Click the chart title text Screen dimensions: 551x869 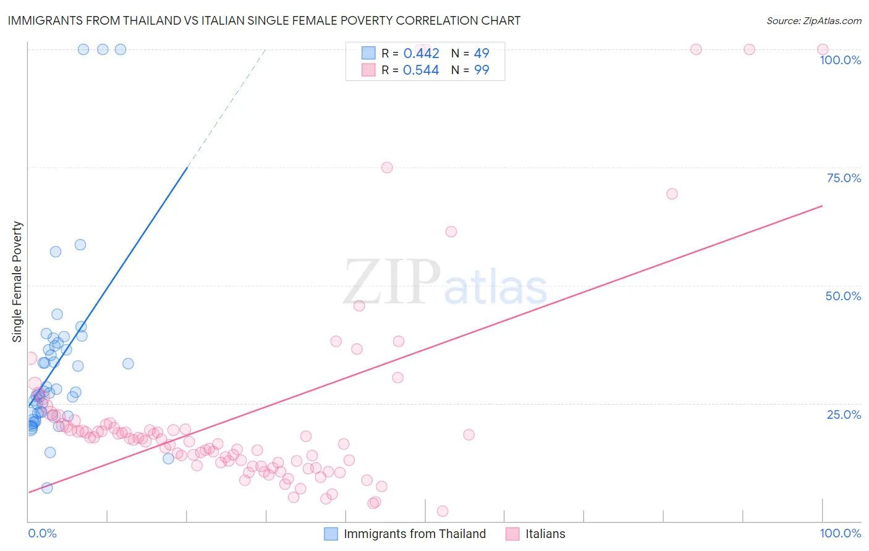coord(264,20)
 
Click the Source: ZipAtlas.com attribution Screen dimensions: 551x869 coord(813,20)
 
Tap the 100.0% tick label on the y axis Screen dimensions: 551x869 coord(840,60)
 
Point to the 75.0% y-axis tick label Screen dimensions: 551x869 coord(844,178)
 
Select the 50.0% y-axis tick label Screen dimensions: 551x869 coord(843,296)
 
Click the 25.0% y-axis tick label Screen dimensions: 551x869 coord(844,414)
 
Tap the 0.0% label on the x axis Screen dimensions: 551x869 coord(42,533)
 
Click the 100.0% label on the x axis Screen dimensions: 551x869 coord(840,533)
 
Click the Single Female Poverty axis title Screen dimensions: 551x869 coord(17,282)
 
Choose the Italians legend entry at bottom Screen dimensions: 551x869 coord(545,534)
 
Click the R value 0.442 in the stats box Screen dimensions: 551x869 coord(421,54)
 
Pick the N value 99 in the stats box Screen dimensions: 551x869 coord(481,70)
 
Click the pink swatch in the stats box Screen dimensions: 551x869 coord(368,70)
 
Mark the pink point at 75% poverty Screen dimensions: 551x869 coord(387,167)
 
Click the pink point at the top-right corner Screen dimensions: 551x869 coord(823,49)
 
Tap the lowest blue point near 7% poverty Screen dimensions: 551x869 coord(47,488)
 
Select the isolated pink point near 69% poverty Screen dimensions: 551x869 coord(672,194)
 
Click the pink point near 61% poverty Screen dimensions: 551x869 coord(451,232)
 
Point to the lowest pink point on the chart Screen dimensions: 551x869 coord(443,511)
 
